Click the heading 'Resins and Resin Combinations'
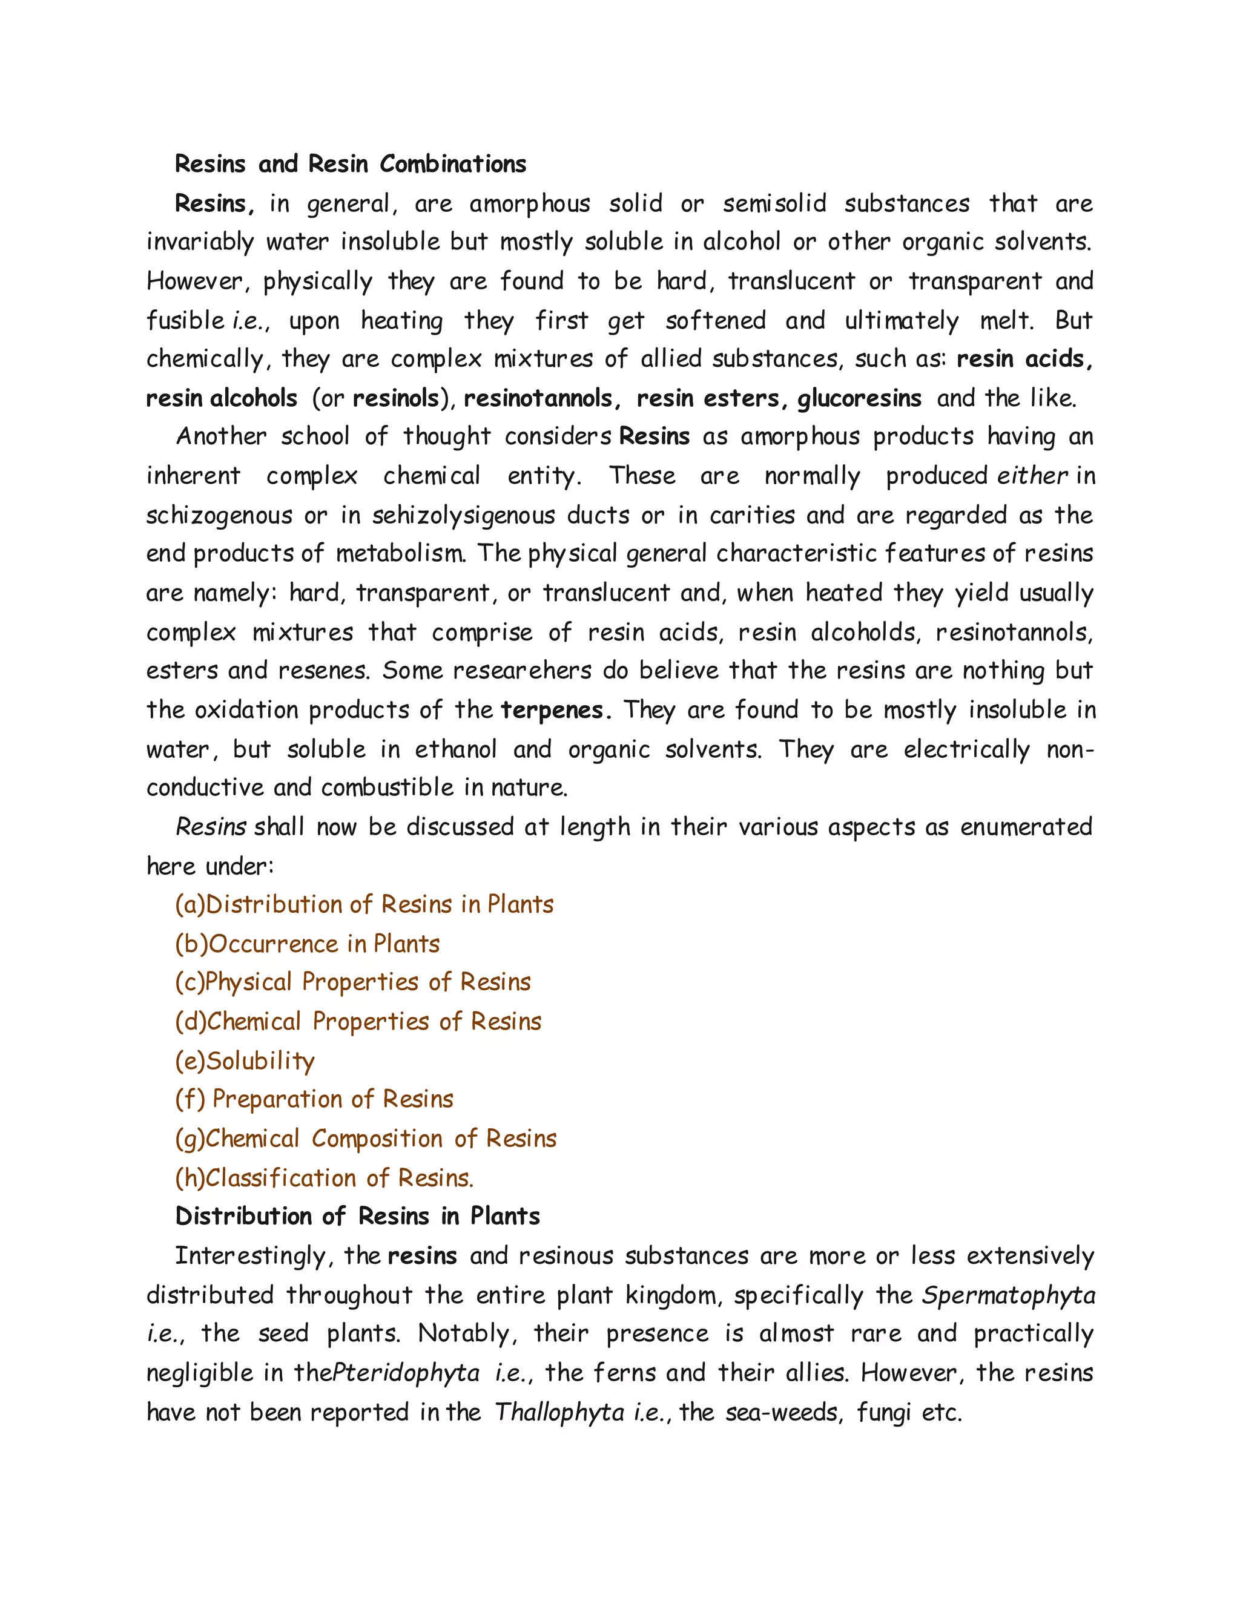click(351, 164)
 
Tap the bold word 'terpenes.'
click(555, 710)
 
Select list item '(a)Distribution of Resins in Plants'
click(364, 904)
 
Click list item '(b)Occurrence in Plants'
click(307, 944)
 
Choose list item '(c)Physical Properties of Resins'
click(352, 982)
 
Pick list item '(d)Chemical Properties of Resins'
click(358, 1022)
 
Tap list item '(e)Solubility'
click(245, 1060)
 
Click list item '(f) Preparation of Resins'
click(314, 1099)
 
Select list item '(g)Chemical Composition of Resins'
click(365, 1139)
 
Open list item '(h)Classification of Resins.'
click(324, 1178)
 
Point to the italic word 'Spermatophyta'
click(1008, 1295)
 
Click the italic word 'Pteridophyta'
click(406, 1373)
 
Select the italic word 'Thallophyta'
click(559, 1412)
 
